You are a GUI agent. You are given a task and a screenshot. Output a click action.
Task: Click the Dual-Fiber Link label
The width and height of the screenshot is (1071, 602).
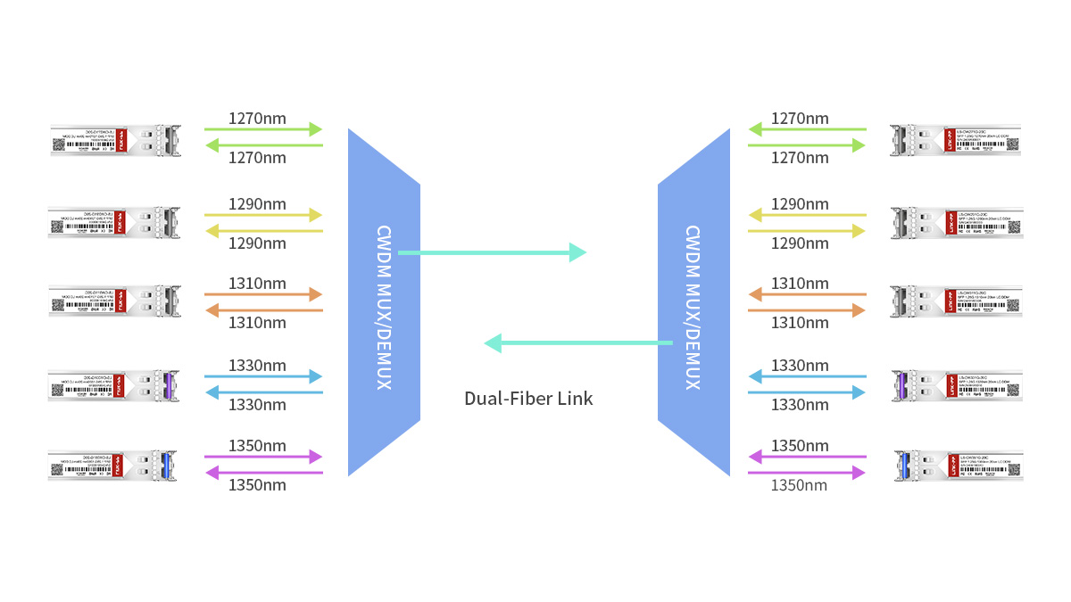(528, 398)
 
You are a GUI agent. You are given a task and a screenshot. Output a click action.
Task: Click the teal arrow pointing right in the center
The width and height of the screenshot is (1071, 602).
(492, 253)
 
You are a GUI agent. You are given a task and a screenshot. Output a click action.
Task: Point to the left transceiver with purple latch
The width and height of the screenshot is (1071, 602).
(113, 385)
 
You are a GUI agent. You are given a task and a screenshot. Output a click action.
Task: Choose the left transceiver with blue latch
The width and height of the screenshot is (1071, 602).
(113, 466)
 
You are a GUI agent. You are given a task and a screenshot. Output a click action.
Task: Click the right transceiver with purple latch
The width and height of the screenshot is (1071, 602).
(956, 385)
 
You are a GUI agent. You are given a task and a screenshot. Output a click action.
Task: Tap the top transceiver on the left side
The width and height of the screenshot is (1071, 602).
(116, 140)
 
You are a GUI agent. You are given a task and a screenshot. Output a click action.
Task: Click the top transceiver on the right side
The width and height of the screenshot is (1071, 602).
(956, 140)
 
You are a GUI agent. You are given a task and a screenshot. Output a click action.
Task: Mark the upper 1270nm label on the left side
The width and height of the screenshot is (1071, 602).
(257, 118)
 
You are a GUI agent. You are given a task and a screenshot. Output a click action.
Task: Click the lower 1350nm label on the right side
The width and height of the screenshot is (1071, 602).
(799, 485)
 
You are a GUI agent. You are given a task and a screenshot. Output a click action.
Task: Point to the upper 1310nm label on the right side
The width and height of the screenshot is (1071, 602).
(800, 284)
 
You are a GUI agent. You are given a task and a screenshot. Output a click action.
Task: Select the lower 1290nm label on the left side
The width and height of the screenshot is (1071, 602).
(257, 243)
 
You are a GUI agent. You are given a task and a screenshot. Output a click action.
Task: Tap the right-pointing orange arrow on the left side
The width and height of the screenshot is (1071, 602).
(263, 294)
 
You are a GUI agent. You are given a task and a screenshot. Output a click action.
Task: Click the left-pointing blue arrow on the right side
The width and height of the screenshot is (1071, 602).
(807, 376)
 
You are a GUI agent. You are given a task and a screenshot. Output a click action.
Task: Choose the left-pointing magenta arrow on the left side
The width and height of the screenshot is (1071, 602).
(263, 473)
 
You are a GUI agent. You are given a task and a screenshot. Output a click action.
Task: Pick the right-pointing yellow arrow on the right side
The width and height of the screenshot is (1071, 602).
(807, 231)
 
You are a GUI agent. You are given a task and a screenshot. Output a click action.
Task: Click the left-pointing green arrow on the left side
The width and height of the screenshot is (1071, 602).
(263, 145)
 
